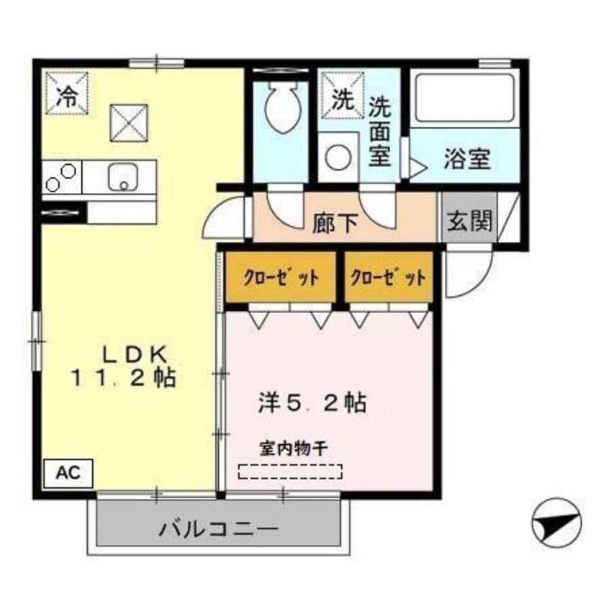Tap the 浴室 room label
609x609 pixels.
click(466, 159)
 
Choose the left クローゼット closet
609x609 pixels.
click(281, 278)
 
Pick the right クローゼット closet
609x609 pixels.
click(389, 278)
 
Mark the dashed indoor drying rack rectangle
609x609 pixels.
click(291, 472)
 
